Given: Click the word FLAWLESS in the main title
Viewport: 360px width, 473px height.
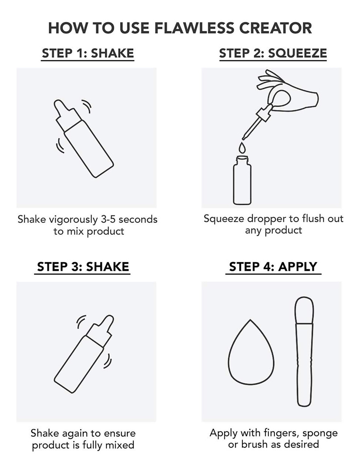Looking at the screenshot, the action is point(194,28).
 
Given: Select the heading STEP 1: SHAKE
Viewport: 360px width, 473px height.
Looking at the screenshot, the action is point(88,53).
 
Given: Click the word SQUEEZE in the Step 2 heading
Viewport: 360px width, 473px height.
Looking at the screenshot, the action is point(297,53).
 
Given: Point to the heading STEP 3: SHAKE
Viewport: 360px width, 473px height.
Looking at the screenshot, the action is point(83,266).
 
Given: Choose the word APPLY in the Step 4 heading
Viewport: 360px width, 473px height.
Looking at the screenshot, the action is point(297,266).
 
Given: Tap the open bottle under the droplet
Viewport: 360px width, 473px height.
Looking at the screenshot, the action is point(242,181).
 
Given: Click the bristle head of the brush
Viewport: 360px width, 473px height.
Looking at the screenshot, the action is point(304,310).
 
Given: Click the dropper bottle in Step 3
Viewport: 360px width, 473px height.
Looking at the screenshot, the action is point(84,354).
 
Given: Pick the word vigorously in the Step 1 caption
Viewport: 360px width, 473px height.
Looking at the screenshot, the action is point(73,220).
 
